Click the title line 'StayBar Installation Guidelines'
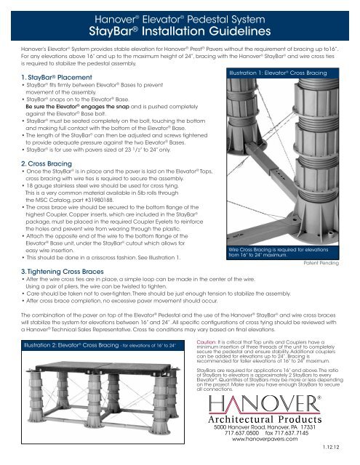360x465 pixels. point(179,32)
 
